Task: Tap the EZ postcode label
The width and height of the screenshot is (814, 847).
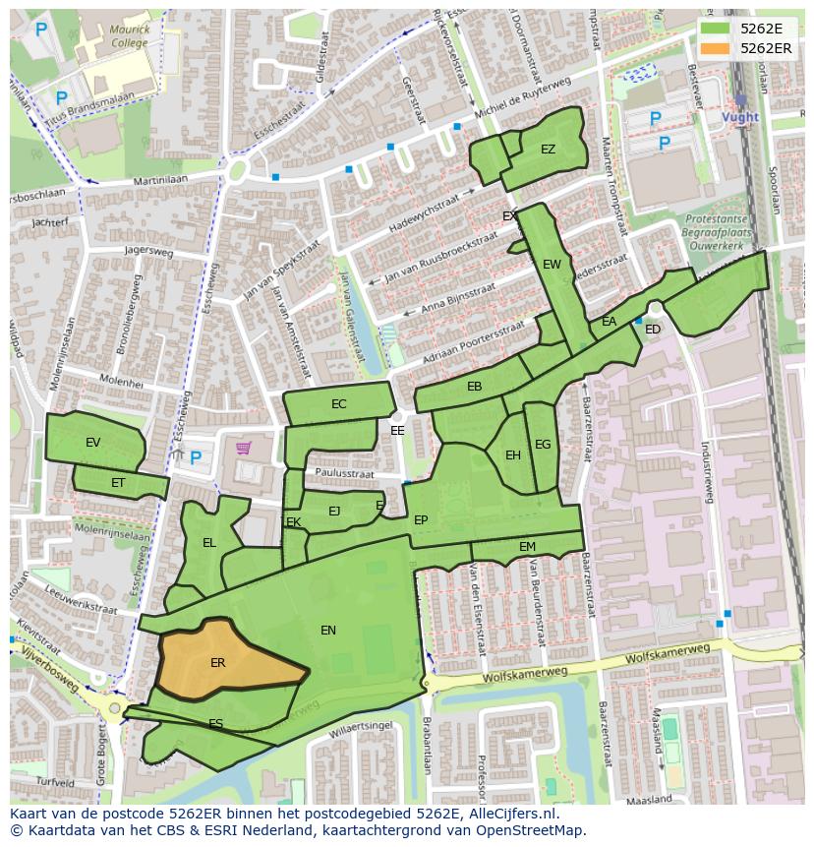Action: [x=548, y=150]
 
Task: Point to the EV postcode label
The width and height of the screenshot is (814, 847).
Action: [x=93, y=443]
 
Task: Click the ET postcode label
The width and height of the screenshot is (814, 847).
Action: [x=118, y=483]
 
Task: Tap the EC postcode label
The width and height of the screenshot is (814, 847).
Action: [x=339, y=404]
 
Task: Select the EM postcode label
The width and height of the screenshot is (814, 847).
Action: [x=528, y=547]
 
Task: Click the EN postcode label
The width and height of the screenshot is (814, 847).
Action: [x=328, y=631]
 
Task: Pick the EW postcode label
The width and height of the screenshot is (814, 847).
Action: [x=552, y=265]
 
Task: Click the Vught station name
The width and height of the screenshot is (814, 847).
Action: [x=740, y=117]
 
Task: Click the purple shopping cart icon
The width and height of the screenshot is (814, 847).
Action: [x=243, y=449]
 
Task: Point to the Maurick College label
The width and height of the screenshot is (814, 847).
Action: [x=130, y=36]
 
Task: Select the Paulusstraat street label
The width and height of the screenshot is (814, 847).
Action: [x=345, y=474]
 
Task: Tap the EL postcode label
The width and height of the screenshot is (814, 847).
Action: [x=209, y=543]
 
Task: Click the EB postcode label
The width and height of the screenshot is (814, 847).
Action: [x=475, y=387]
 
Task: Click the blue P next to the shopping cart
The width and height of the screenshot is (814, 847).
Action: [x=196, y=457]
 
